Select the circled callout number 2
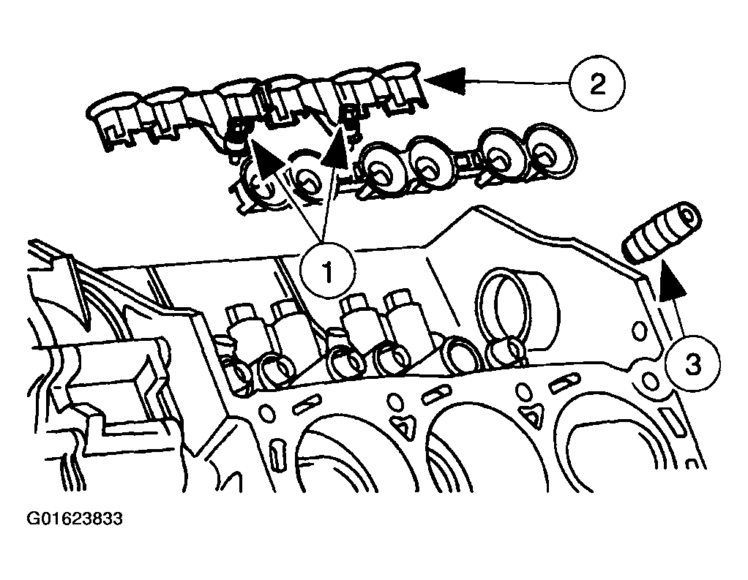(597, 85)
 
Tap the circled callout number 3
(692, 364)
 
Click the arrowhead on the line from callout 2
(446, 79)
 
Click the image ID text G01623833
(75, 520)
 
